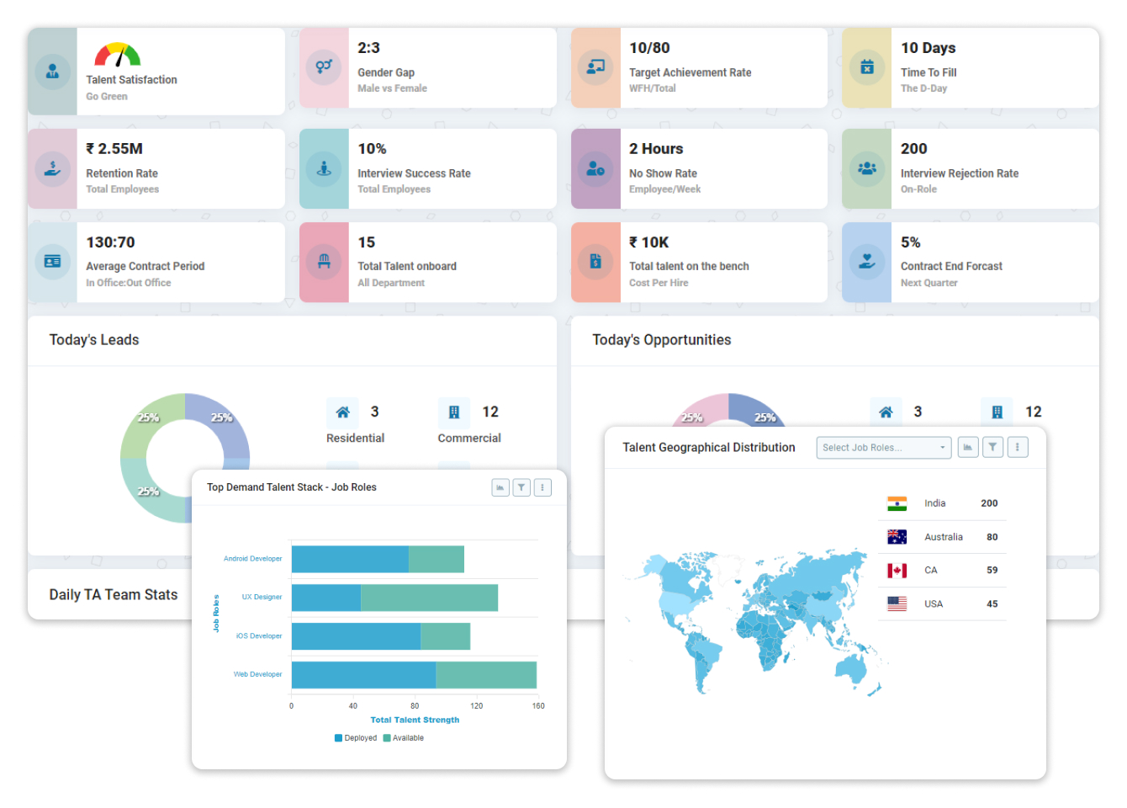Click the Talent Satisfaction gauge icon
pyautogui.click(x=118, y=55)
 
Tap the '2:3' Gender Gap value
pyautogui.click(x=368, y=48)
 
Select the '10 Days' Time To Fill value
pyautogui.click(x=928, y=48)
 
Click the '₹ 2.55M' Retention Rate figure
pyautogui.click(x=114, y=149)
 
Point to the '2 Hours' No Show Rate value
pyautogui.click(x=656, y=149)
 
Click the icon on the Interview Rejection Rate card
pyautogui.click(x=867, y=168)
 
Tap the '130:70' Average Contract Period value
pyautogui.click(x=110, y=242)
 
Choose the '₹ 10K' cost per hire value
pyautogui.click(x=648, y=242)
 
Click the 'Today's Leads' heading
pyautogui.click(x=94, y=340)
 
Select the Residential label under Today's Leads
pyautogui.click(x=355, y=439)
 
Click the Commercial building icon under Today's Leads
pyautogui.click(x=454, y=412)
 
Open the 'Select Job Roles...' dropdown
pyautogui.click(x=883, y=448)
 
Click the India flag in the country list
pyautogui.click(x=897, y=503)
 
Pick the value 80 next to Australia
pyautogui.click(x=992, y=537)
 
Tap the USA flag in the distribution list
pyautogui.click(x=897, y=604)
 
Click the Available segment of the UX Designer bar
pyautogui.click(x=429, y=598)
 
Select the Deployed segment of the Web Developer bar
pyautogui.click(x=363, y=675)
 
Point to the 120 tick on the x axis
pyautogui.click(x=476, y=706)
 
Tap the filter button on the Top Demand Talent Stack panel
pyautogui.click(x=521, y=487)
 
